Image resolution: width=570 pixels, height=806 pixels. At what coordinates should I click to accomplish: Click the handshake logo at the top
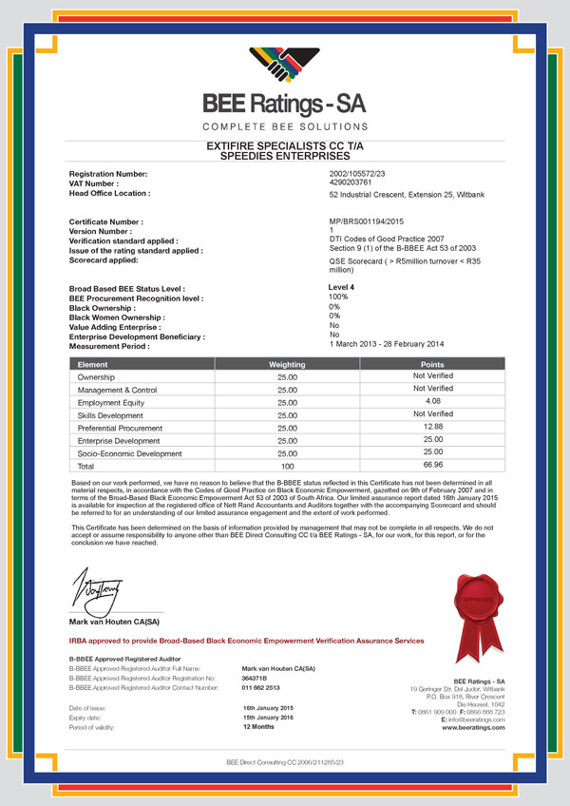285,66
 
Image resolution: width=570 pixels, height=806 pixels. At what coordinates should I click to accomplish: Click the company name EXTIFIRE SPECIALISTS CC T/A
284,145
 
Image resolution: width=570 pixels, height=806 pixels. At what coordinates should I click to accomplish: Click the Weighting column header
286,363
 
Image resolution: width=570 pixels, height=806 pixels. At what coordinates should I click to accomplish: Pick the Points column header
431,363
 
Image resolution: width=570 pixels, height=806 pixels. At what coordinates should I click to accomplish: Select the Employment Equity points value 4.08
431,401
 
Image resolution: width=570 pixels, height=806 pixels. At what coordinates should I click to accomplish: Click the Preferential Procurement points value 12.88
431,427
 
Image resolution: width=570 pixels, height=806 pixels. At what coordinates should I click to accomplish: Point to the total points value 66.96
431,466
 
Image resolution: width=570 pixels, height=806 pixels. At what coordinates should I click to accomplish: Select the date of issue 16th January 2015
269,709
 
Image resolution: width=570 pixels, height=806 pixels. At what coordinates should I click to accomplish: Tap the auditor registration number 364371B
256,677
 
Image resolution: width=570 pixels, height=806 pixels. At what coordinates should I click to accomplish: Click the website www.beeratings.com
473,727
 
